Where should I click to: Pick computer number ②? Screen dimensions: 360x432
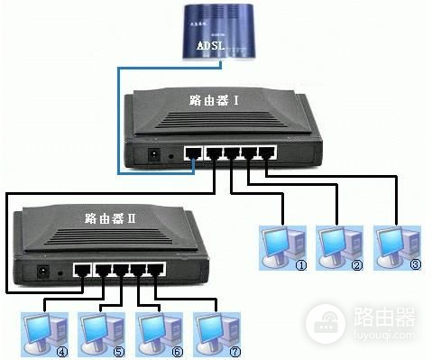337,245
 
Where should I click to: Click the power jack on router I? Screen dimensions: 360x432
153,155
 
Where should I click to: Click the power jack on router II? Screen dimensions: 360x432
41,270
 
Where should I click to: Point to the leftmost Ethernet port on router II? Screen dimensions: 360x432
83,269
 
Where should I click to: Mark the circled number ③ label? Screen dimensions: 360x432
415,265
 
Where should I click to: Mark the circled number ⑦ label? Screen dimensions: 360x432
235,350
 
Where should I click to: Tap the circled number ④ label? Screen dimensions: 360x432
62,350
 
